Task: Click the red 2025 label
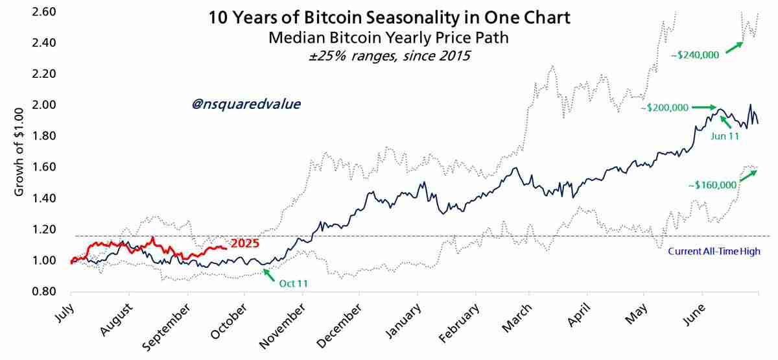pos(245,244)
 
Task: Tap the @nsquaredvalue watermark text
pos(246,104)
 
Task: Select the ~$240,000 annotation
pos(695,55)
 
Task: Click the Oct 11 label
pos(293,283)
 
